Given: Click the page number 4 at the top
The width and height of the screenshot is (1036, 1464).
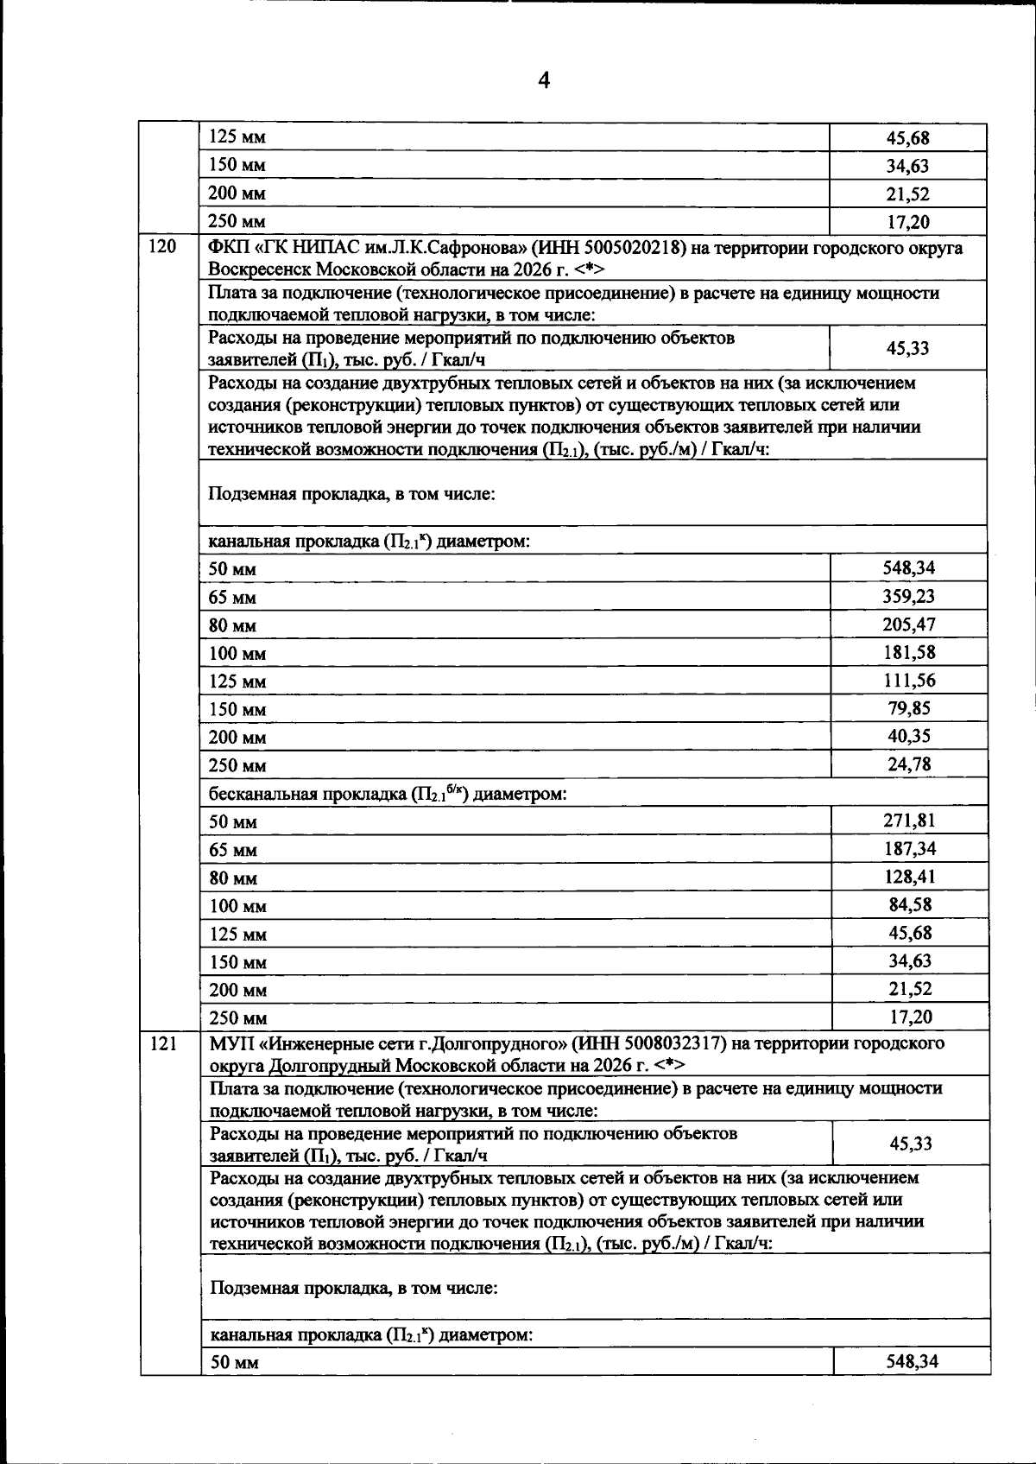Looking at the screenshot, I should pyautogui.click(x=543, y=81).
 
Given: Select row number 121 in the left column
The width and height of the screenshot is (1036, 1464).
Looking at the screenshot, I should pyautogui.click(x=164, y=1043).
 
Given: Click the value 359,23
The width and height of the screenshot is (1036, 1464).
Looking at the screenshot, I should pyautogui.click(x=908, y=596).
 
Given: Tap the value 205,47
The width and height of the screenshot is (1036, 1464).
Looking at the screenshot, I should pyautogui.click(x=908, y=624).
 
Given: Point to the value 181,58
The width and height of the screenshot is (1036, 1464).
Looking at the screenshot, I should pyautogui.click(x=908, y=652).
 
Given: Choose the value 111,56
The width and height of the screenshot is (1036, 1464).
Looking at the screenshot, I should pyautogui.click(x=908, y=680).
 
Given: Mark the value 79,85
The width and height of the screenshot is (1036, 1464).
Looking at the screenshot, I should pyautogui.click(x=908, y=708).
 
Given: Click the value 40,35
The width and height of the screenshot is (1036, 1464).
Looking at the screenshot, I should pyautogui.click(x=908, y=736).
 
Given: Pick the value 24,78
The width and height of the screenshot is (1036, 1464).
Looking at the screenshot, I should pyautogui.click(x=908, y=764).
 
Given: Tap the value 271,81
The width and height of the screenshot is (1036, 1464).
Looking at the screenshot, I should pyautogui.click(x=908, y=821).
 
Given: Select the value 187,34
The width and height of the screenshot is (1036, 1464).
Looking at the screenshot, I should pyautogui.click(x=908, y=848).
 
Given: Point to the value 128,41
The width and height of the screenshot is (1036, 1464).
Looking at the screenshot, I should pyautogui.click(x=908, y=877).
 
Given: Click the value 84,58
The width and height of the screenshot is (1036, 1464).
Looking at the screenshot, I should pyautogui.click(x=908, y=904).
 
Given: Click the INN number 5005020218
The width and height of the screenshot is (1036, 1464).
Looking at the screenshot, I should pyautogui.click(x=633, y=249).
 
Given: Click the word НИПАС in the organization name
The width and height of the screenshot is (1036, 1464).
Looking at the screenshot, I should pyautogui.click(x=319, y=249).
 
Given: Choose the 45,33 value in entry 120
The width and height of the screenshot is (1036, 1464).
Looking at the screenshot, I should pyautogui.click(x=908, y=348).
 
